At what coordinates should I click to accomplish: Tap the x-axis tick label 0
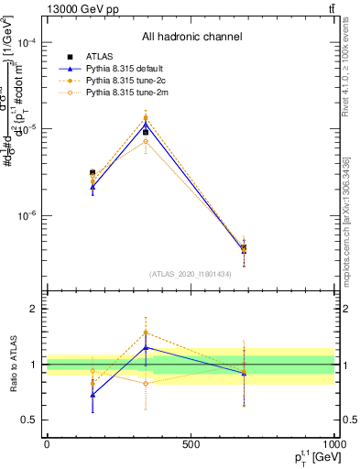(47, 443)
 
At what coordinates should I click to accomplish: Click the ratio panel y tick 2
(33, 309)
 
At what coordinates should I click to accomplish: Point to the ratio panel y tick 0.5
(29, 420)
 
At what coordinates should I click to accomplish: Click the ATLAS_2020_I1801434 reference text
(191, 274)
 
